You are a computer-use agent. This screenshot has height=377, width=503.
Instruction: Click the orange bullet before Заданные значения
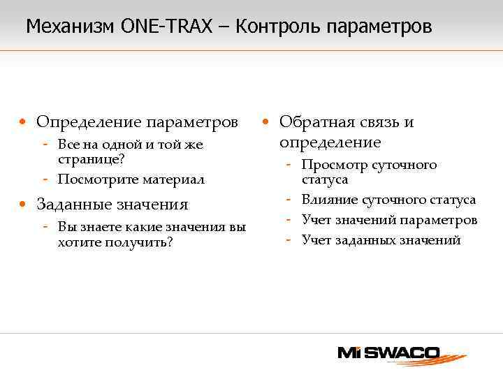click(24, 205)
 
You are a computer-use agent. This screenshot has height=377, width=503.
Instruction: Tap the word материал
click(173, 179)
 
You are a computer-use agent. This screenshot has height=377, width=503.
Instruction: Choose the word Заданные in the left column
click(73, 205)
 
